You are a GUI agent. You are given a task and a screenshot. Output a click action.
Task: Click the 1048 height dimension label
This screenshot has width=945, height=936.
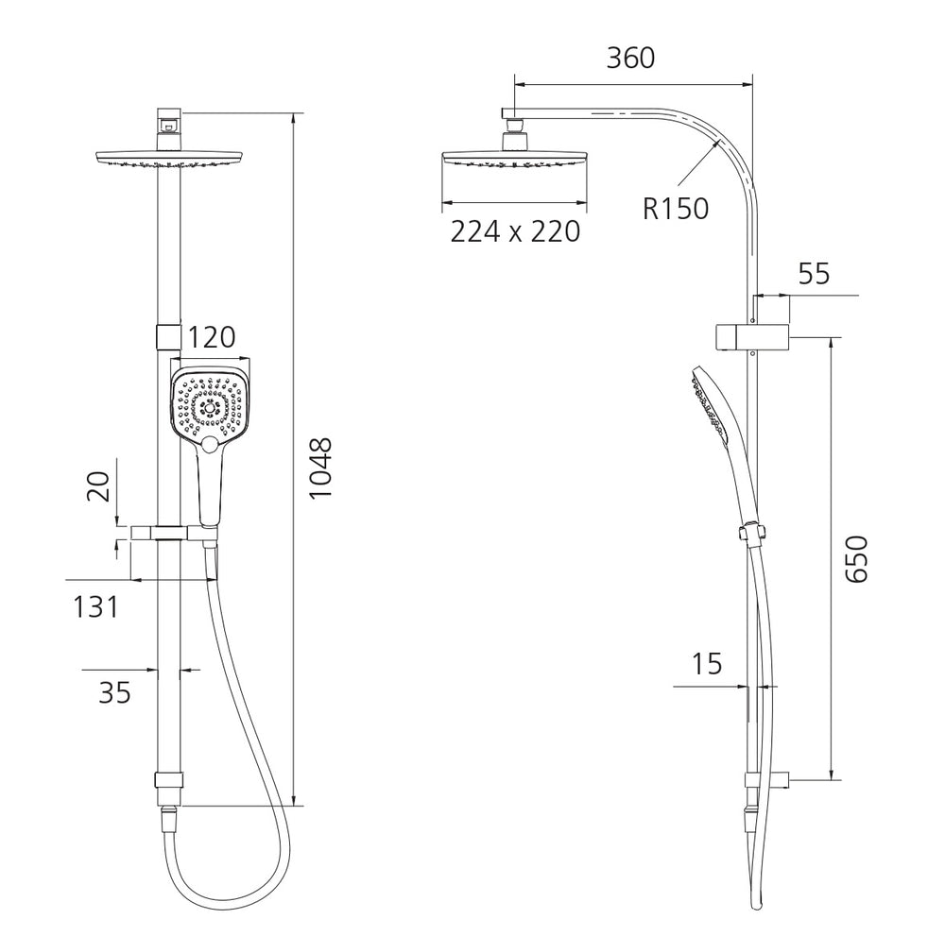320,468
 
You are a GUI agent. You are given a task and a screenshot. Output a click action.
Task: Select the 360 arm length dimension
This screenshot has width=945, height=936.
630,58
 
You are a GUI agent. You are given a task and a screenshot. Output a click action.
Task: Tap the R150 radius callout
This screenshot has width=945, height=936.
676,209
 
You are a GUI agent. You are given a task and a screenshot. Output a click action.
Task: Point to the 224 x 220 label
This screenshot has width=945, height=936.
515,231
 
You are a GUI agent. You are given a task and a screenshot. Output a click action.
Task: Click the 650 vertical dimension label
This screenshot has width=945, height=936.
856,559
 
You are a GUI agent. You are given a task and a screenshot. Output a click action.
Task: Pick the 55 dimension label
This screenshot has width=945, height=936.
815,274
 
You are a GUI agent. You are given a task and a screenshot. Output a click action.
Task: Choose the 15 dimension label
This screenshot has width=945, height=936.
706,664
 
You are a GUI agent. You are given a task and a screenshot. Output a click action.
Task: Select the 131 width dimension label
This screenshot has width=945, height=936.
95,606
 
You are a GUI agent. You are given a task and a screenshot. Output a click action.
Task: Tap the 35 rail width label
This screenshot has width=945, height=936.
114,692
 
